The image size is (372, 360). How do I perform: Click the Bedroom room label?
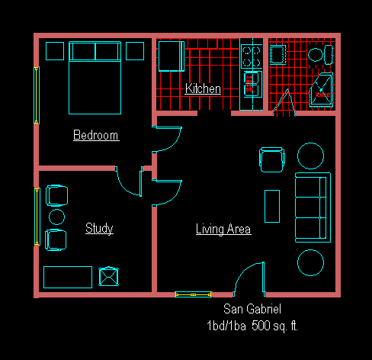point(96,135)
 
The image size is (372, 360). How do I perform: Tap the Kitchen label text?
point(203,88)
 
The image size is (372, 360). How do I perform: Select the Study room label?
point(99,228)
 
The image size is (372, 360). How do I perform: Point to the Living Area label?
point(223,229)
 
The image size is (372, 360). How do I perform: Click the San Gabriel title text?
point(252,309)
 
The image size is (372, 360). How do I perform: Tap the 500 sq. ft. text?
point(274,326)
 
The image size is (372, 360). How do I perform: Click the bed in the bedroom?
point(95,78)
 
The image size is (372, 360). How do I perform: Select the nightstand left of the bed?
point(55,51)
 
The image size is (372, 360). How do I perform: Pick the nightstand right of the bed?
point(135,51)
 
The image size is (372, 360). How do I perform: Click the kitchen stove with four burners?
point(251,56)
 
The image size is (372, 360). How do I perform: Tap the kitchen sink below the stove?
point(252,84)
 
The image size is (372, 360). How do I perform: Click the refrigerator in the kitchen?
point(172,56)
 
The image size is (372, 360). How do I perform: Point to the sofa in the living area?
point(313,207)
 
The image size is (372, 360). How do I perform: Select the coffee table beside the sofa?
point(272,206)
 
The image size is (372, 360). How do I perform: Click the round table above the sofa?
point(310,156)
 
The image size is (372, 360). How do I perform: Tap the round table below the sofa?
point(310,262)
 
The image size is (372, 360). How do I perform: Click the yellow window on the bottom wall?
point(193,294)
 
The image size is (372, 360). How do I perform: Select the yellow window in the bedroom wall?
point(37,95)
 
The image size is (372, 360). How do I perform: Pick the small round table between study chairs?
point(56,217)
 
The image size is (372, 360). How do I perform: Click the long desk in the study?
point(68,277)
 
